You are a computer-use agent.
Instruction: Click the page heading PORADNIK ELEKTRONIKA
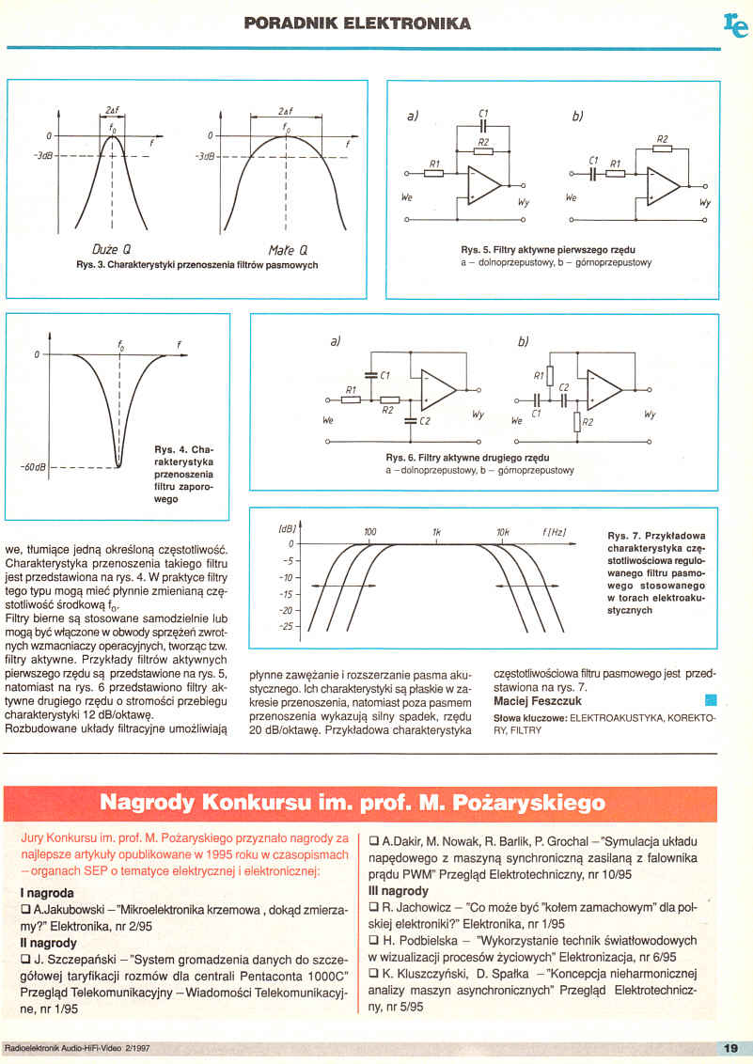357,22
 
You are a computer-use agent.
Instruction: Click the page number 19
730,1048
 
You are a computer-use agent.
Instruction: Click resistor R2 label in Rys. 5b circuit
663,138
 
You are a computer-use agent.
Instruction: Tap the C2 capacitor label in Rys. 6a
425,422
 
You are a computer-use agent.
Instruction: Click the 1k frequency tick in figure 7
436,532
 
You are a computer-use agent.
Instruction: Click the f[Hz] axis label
554,532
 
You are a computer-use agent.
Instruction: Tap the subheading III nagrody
399,890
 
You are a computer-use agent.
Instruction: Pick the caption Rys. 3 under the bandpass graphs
197,265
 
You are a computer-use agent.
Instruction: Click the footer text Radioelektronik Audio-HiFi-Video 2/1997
77,1048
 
